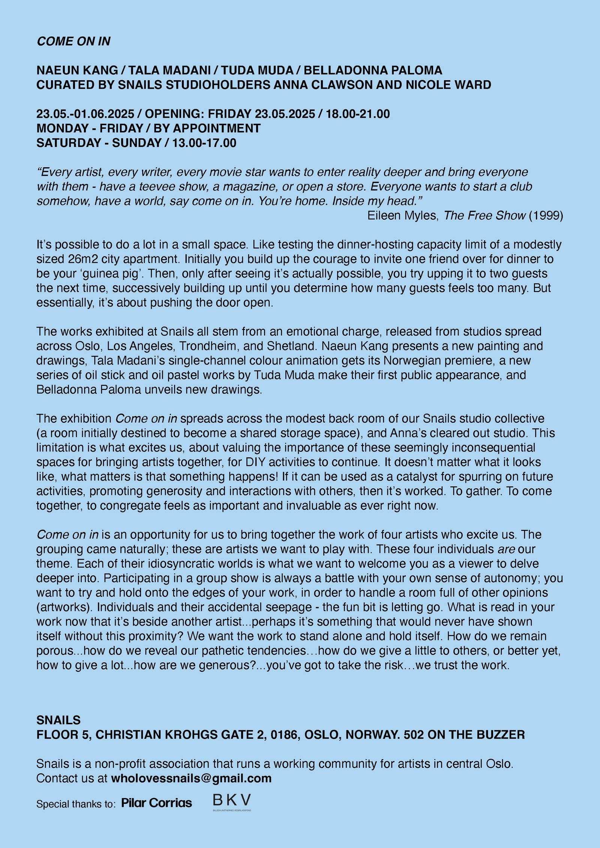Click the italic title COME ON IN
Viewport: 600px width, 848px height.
[x=73, y=41]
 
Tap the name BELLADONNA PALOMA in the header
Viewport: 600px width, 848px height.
[x=373, y=70]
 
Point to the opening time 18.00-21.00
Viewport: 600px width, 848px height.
[x=358, y=114]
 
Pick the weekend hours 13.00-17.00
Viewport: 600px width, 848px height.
[x=204, y=143]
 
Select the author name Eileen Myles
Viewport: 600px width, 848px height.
[x=402, y=216]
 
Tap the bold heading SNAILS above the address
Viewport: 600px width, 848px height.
[x=58, y=720]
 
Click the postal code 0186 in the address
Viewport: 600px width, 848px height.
[x=285, y=734]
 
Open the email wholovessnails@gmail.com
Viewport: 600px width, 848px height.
[x=191, y=778]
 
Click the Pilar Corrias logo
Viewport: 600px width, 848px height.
[x=156, y=803]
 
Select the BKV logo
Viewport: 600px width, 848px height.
[x=232, y=801]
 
